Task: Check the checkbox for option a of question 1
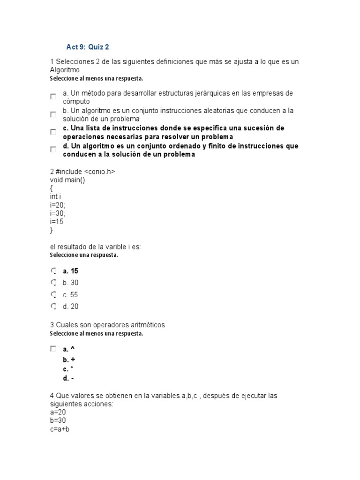tap(53, 97)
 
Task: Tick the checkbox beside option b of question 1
tap(53, 114)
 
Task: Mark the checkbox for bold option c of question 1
tap(53, 132)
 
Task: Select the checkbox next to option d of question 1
tap(53, 150)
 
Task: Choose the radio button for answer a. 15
tap(53, 271)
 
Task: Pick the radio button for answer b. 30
tap(53, 283)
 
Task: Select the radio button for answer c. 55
tap(53, 295)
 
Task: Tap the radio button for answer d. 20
tap(53, 307)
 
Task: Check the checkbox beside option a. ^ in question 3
tap(53, 349)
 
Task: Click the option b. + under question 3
tap(69, 360)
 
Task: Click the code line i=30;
tap(58, 213)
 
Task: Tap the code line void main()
tap(67, 180)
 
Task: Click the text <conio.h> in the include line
tap(99, 172)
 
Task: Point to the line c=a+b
tap(60, 429)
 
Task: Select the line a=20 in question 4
tap(58, 412)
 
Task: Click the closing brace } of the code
tap(52, 230)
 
